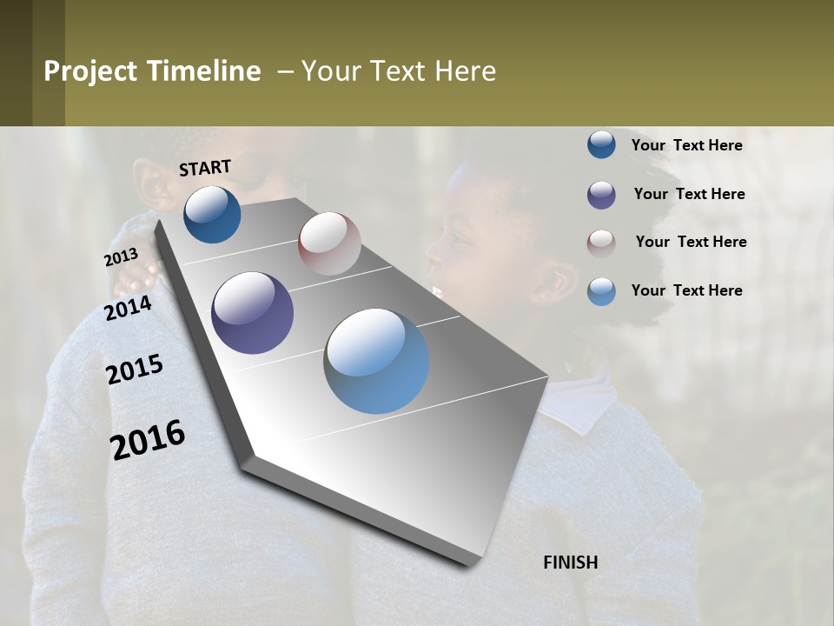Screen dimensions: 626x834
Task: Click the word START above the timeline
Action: pos(205,168)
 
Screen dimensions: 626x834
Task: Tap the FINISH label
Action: pos(570,563)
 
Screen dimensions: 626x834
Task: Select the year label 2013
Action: pos(121,257)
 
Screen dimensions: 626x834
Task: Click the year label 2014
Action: pos(128,308)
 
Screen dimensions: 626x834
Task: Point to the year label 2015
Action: pos(135,370)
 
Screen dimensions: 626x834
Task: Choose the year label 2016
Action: pos(148,440)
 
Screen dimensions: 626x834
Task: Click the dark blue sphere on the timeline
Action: pos(212,215)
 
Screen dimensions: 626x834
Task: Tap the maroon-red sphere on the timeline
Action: pos(329,243)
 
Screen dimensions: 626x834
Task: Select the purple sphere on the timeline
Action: pos(252,313)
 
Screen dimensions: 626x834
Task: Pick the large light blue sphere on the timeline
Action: pos(376,361)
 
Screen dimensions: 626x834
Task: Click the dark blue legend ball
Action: pos(601,145)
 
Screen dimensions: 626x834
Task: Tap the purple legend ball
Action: pos(601,195)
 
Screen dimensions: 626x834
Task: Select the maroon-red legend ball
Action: pos(601,243)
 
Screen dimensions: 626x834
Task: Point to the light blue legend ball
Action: pos(601,291)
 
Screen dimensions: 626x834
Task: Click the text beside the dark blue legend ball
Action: pos(686,145)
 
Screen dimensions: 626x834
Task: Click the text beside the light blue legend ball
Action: pos(686,290)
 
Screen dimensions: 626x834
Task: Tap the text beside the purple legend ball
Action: pos(689,194)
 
